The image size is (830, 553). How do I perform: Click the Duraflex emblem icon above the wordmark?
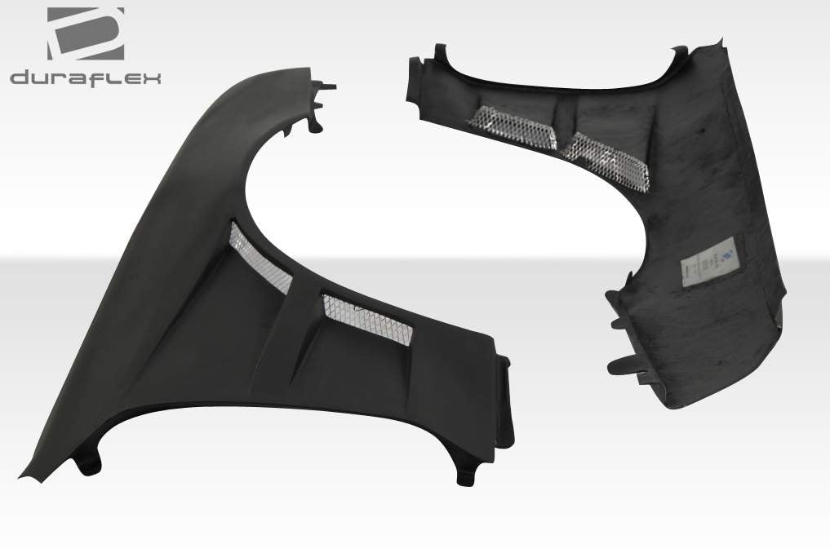(x=86, y=33)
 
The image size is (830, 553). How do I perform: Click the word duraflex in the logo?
(x=85, y=77)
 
